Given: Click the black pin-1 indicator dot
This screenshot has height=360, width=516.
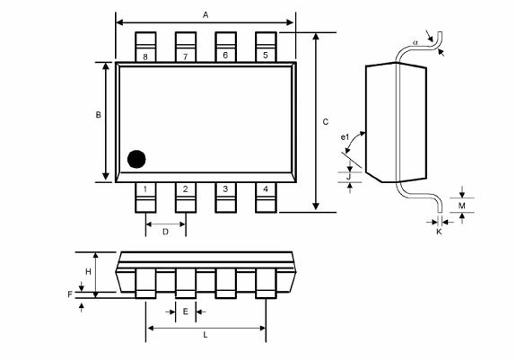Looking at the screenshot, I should click(x=136, y=159).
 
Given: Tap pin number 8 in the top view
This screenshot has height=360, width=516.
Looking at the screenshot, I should click(x=145, y=56).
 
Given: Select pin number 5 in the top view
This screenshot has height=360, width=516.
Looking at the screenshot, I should click(x=265, y=56).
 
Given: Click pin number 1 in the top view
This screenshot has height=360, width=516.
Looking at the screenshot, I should click(x=145, y=189).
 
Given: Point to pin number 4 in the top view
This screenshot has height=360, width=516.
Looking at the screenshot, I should click(x=265, y=189).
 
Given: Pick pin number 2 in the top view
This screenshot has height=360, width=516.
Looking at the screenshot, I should click(x=185, y=189).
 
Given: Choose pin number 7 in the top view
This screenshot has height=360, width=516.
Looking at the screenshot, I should click(x=185, y=56).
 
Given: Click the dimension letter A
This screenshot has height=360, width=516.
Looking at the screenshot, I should click(x=206, y=15).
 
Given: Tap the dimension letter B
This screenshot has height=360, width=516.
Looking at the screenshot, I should click(x=98, y=115).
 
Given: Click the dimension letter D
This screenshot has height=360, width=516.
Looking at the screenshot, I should click(x=165, y=232).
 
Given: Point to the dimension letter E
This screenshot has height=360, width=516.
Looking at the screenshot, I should click(x=185, y=312).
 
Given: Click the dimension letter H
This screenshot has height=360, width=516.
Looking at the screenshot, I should click(x=88, y=270).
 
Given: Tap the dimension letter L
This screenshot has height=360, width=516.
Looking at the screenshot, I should click(x=206, y=335).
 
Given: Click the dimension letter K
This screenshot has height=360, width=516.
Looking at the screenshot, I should click(x=439, y=232).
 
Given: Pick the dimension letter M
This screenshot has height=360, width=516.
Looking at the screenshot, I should click(x=461, y=206).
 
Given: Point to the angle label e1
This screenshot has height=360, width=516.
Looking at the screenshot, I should click(x=345, y=136).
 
